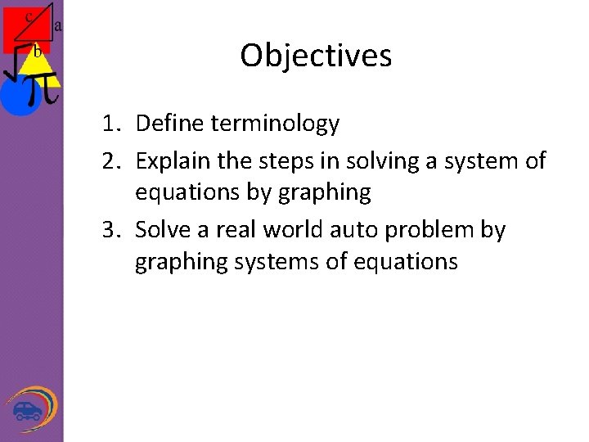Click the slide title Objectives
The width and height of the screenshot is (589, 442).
click(x=316, y=56)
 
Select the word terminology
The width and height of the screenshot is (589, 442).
click(x=275, y=124)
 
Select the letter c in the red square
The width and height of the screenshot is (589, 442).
click(x=29, y=16)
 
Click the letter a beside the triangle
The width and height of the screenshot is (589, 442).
click(x=58, y=25)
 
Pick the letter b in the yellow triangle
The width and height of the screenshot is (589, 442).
click(x=37, y=52)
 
